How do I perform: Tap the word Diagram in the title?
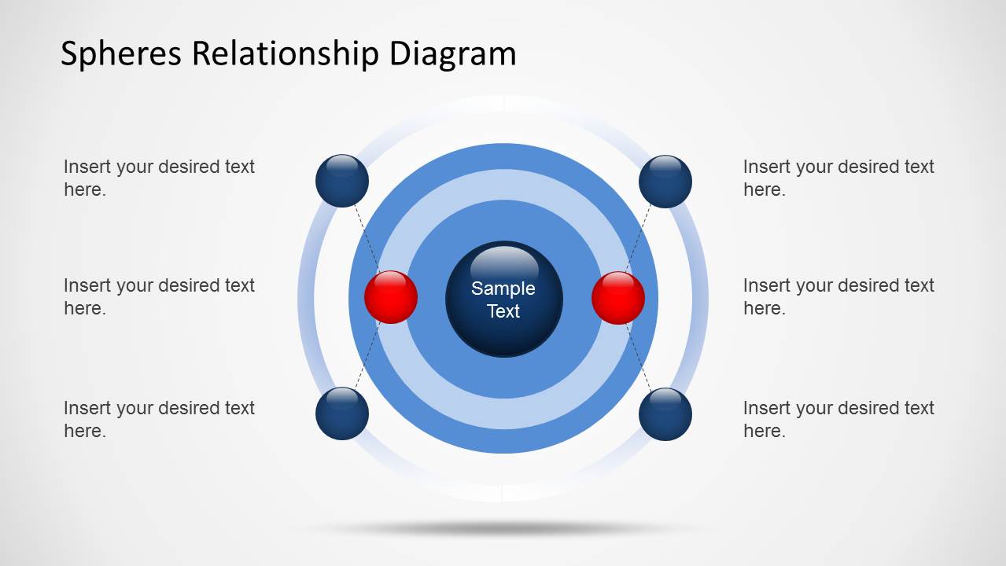pos(452,54)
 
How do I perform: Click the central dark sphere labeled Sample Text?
pos(503,300)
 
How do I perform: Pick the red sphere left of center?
pos(391,297)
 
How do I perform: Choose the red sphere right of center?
pos(618,298)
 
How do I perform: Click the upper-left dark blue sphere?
pos(342,181)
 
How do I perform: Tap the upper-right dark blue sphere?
pos(665,182)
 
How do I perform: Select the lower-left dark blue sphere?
pos(342,413)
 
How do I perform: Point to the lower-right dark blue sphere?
pos(665,414)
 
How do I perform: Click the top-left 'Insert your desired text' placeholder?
pos(159,178)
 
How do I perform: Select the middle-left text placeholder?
pos(159,296)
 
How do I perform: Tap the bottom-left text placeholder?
pos(159,419)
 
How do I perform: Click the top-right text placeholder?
pos(838,178)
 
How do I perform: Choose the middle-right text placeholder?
pos(838,296)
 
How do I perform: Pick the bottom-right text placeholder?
pos(838,419)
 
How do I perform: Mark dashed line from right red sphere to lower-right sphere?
pos(640,358)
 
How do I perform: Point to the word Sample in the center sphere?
pos(503,289)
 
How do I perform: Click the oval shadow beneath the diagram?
pos(503,529)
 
